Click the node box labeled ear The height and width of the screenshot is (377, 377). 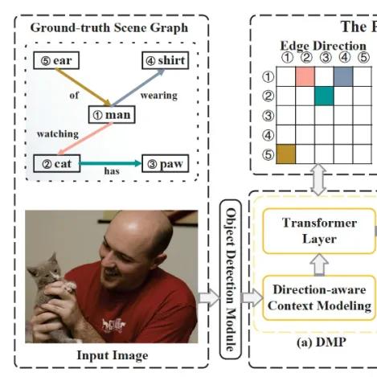56,60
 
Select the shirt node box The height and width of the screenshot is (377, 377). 166,60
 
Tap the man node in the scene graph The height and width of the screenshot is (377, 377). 112,115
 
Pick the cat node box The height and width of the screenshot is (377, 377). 57,163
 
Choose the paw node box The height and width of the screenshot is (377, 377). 166,163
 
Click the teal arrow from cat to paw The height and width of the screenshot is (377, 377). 111,163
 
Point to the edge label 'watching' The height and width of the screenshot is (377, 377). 58,133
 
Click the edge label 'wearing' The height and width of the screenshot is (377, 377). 159,96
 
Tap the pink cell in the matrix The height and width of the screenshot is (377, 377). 305,76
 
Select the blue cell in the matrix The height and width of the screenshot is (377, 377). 343,76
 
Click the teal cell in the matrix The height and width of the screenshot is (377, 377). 325,96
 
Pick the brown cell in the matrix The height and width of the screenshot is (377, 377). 286,154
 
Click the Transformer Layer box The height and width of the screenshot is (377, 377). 319,231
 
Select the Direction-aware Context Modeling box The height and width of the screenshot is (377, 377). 319,297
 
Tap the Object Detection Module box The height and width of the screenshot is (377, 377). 231,279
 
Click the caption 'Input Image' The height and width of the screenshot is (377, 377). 113,355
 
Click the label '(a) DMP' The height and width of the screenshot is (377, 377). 322,342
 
